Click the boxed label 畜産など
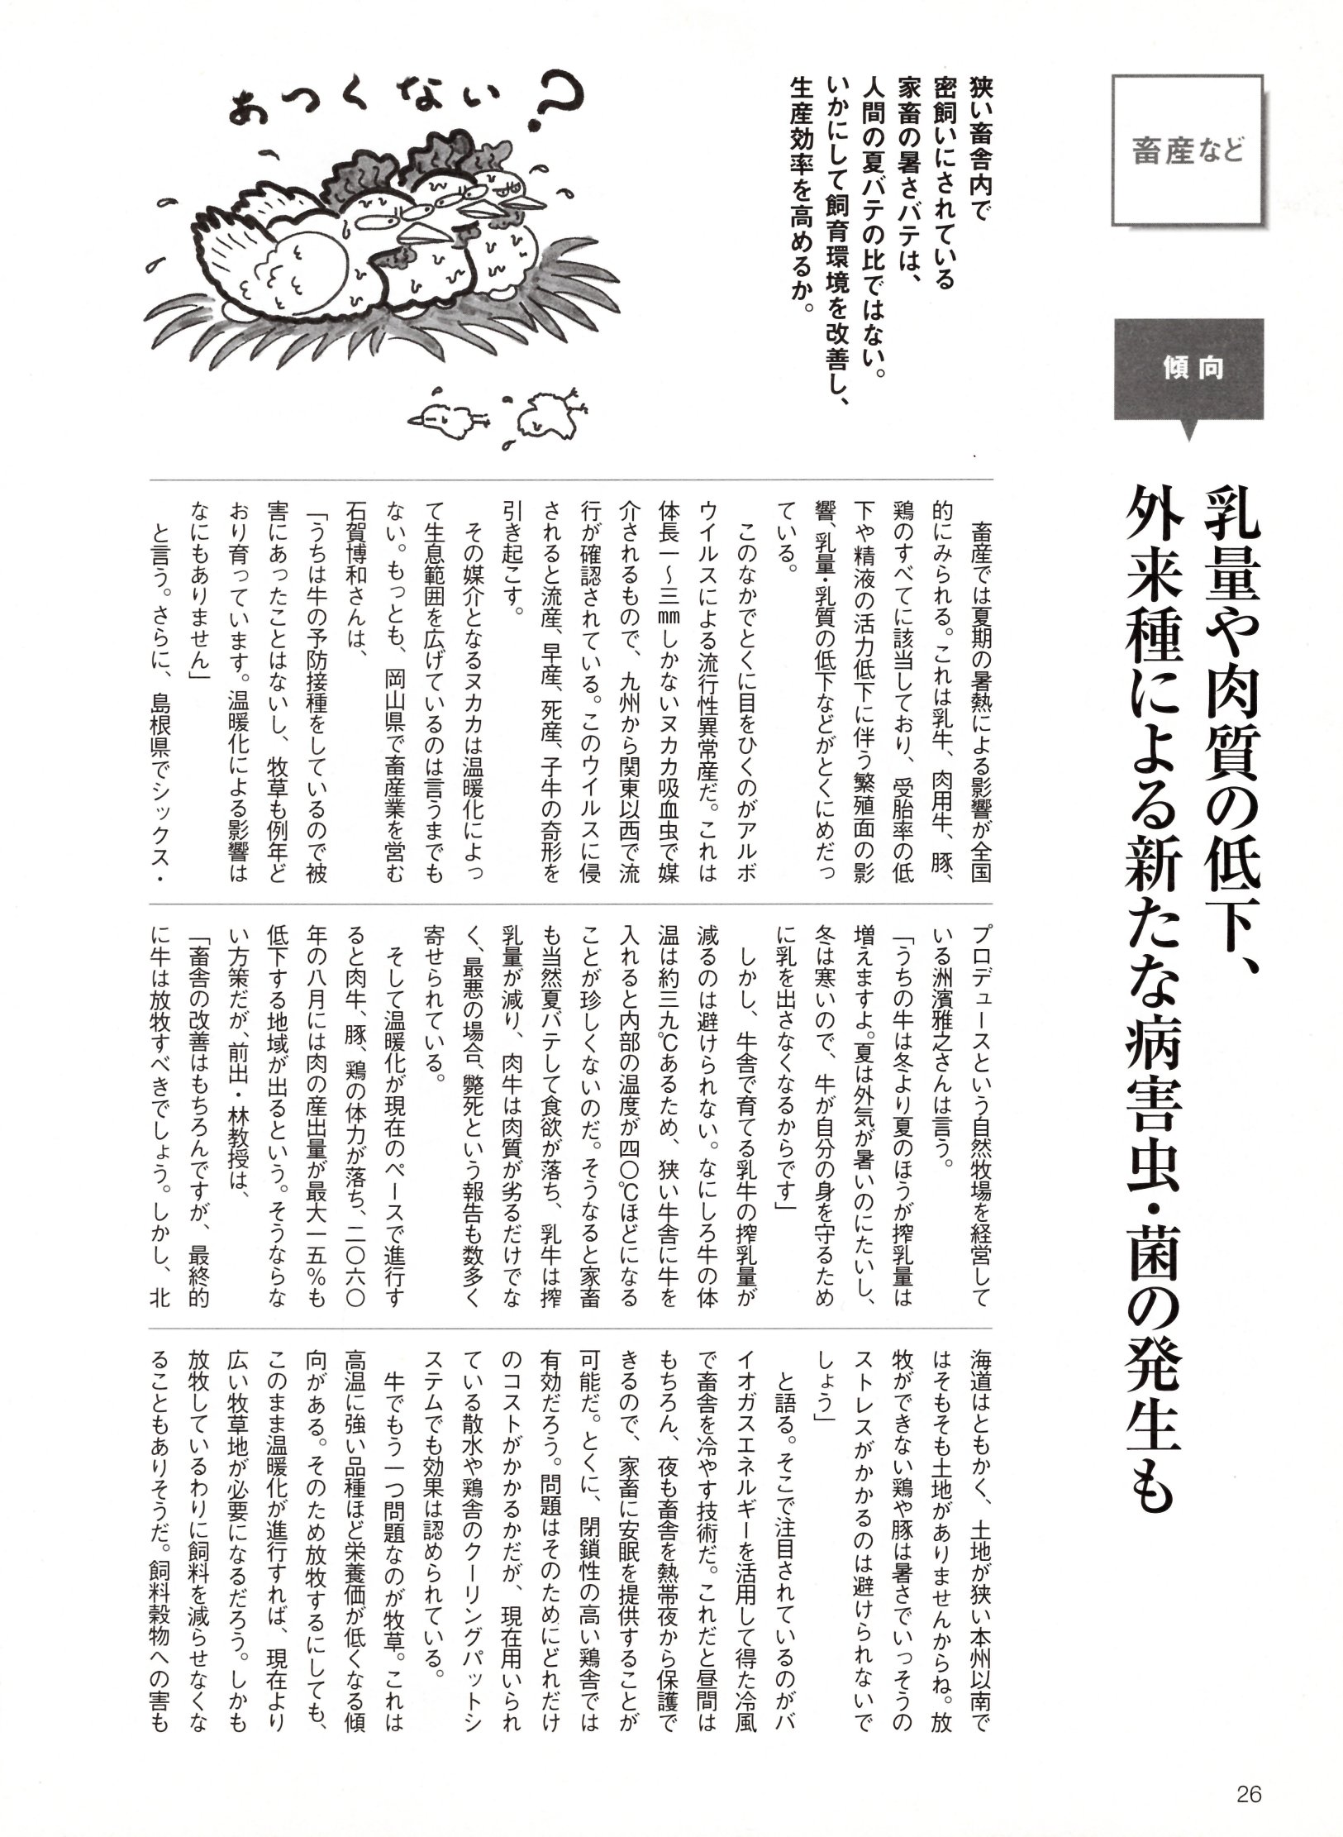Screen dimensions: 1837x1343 pos(1188,151)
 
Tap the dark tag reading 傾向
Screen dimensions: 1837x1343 pos(1188,369)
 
